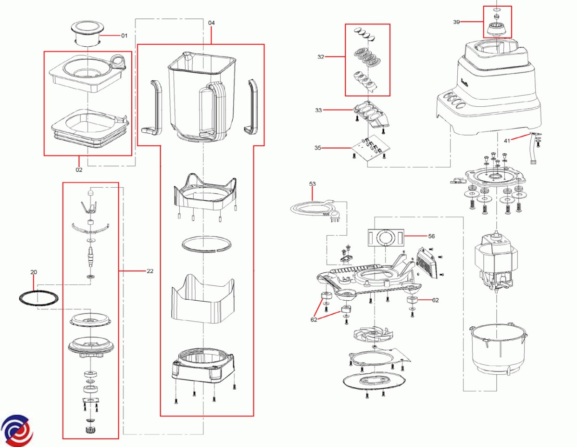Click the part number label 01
tap(124, 36)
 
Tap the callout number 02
tap(79, 169)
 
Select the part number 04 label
tap(212, 23)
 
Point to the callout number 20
tap(34, 272)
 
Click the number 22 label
tap(150, 271)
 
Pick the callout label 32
tap(321, 57)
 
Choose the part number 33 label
tap(318, 110)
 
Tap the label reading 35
tap(318, 148)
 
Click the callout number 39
tap(456, 22)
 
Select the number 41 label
tap(507, 140)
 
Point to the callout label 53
tap(313, 184)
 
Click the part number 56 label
tap(431, 236)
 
